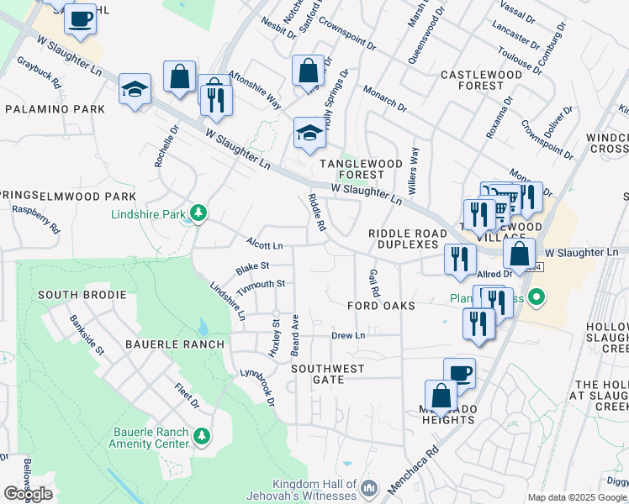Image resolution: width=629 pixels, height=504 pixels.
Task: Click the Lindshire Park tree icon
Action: (198, 213)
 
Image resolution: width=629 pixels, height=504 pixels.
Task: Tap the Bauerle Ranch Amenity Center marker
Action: (202, 436)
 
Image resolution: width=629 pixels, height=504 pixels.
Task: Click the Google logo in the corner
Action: (28, 494)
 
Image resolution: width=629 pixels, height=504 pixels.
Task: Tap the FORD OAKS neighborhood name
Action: (382, 307)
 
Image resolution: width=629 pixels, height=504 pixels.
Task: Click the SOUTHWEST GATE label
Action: (328, 374)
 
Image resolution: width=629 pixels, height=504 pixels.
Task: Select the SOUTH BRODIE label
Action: (82, 295)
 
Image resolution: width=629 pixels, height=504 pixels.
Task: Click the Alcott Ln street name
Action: (264, 245)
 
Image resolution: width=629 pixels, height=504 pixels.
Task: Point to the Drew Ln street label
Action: (347, 335)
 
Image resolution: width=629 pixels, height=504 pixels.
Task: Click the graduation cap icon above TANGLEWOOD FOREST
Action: (309, 133)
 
